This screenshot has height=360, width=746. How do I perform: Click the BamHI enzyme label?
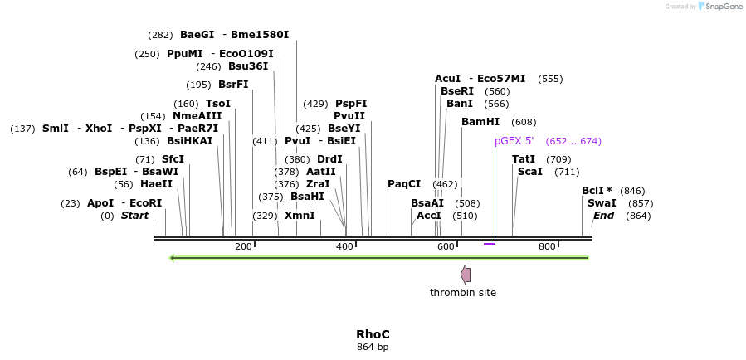tap(480, 122)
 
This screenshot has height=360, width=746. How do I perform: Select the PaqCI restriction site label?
tap(404, 184)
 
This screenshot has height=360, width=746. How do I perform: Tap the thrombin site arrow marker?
tap(466, 275)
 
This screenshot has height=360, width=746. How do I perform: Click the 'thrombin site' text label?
tap(463, 293)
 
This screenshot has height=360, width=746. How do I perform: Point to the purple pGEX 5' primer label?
tap(514, 141)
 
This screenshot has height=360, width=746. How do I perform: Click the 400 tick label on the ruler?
tap(344, 247)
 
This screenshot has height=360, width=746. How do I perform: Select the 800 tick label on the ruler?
tap(547, 247)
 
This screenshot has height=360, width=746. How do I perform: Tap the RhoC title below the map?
tap(373, 334)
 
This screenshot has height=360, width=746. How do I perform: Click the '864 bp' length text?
tap(373, 347)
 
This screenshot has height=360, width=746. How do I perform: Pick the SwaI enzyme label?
tap(602, 203)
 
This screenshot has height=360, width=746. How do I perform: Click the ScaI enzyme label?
tap(529, 172)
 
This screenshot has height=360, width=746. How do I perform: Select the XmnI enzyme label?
tap(300, 216)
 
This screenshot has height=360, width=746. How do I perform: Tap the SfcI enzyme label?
tap(173, 159)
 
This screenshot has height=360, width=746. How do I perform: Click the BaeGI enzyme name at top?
tap(197, 35)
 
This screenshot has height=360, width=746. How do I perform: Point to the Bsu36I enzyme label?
tap(248, 66)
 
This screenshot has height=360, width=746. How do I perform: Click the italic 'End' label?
tap(603, 216)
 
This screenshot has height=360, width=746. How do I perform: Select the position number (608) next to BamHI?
tap(524, 122)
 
